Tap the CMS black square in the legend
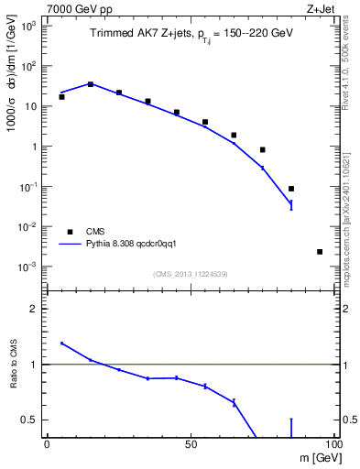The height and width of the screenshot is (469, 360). click(69, 232)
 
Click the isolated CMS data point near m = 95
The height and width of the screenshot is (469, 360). click(320, 252)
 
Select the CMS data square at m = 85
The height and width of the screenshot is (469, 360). click(291, 189)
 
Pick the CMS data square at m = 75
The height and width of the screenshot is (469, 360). click(263, 150)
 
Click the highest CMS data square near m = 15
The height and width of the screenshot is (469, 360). click(91, 84)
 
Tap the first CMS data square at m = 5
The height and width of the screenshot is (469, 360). click(61, 97)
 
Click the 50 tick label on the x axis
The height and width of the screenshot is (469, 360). click(190, 444)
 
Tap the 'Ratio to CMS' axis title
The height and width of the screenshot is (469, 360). click(13, 364)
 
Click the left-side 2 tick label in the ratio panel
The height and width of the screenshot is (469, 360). click(34, 310)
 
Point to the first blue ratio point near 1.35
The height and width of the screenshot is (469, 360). click(61, 344)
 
